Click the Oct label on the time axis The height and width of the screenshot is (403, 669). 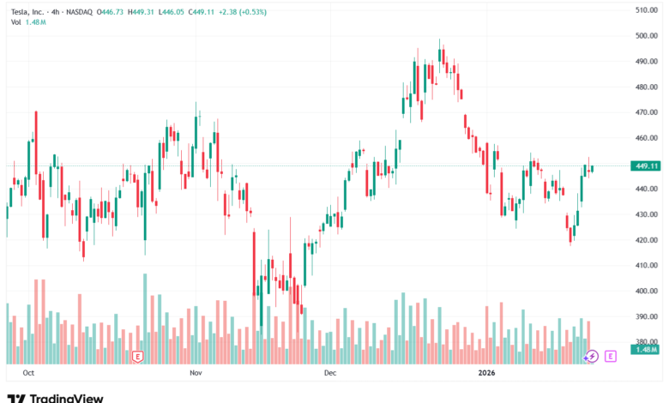[x=28, y=373]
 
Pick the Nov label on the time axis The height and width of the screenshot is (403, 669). [x=196, y=373]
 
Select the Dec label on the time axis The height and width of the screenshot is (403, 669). [x=330, y=373]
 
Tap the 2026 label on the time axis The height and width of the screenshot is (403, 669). [x=486, y=373]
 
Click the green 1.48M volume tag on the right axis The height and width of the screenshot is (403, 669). [x=645, y=350]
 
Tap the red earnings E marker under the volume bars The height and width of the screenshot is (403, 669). [x=137, y=356]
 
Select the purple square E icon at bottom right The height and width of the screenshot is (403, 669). [x=611, y=356]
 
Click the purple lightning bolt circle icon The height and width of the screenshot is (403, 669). [x=591, y=356]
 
